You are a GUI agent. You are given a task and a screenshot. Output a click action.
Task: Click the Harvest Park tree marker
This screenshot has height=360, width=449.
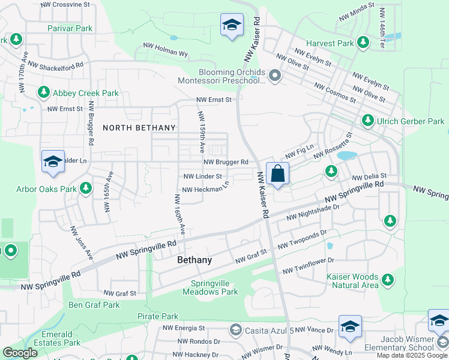[363, 42]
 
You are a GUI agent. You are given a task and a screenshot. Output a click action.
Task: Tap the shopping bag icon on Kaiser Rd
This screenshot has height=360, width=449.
[277, 174]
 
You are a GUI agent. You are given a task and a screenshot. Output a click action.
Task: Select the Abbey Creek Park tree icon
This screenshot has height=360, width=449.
[43, 92]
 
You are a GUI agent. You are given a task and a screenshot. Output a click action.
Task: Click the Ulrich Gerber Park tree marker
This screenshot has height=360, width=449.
[367, 121]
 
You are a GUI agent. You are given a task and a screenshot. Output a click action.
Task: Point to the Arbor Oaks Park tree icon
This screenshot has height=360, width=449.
[86, 188]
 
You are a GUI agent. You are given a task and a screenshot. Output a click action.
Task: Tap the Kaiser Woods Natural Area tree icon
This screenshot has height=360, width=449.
[388, 279]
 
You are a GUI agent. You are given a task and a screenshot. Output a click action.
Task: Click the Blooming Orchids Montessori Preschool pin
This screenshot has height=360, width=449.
[275, 76]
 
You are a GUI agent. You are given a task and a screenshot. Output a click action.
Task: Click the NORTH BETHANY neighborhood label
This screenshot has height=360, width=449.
[139, 128]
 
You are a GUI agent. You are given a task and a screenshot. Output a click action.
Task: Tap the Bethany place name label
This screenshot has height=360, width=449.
[194, 260]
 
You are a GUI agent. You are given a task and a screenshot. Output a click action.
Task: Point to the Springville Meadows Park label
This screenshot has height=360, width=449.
[214, 288]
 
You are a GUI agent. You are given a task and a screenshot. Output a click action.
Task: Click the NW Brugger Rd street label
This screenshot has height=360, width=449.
[226, 162]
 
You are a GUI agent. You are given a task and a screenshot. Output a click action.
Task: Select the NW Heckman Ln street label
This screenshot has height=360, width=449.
[205, 190]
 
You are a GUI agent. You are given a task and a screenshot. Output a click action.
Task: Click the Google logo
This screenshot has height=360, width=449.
[20, 353]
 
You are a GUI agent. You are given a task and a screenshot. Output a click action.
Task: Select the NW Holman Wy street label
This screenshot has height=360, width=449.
[165, 49]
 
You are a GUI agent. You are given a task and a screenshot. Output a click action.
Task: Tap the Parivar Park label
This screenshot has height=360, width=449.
[71, 28]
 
